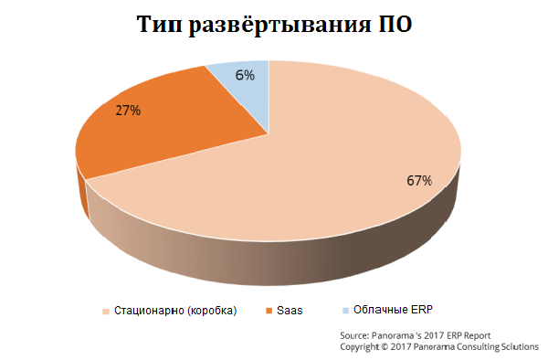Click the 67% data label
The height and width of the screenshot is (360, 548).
418,181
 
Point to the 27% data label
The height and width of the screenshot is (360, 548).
127,111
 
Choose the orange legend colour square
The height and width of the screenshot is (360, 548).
266,311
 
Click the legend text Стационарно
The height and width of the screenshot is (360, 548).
147,311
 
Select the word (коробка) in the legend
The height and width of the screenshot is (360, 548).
212,311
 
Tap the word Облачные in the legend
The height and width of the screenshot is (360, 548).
378,310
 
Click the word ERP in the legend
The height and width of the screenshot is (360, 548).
417,310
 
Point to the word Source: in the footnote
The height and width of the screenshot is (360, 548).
355,336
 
